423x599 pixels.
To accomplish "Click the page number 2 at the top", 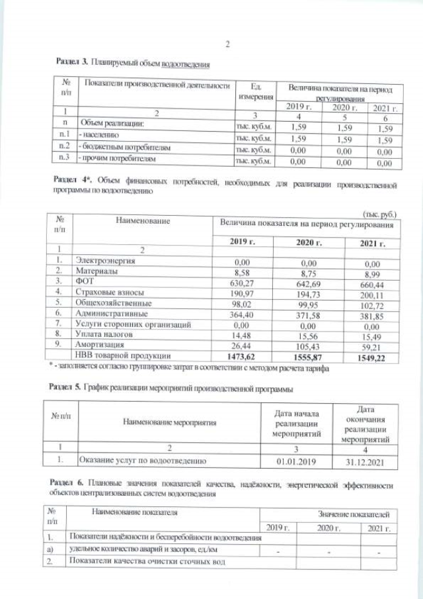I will (227, 45).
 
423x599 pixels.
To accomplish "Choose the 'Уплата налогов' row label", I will (106, 335).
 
